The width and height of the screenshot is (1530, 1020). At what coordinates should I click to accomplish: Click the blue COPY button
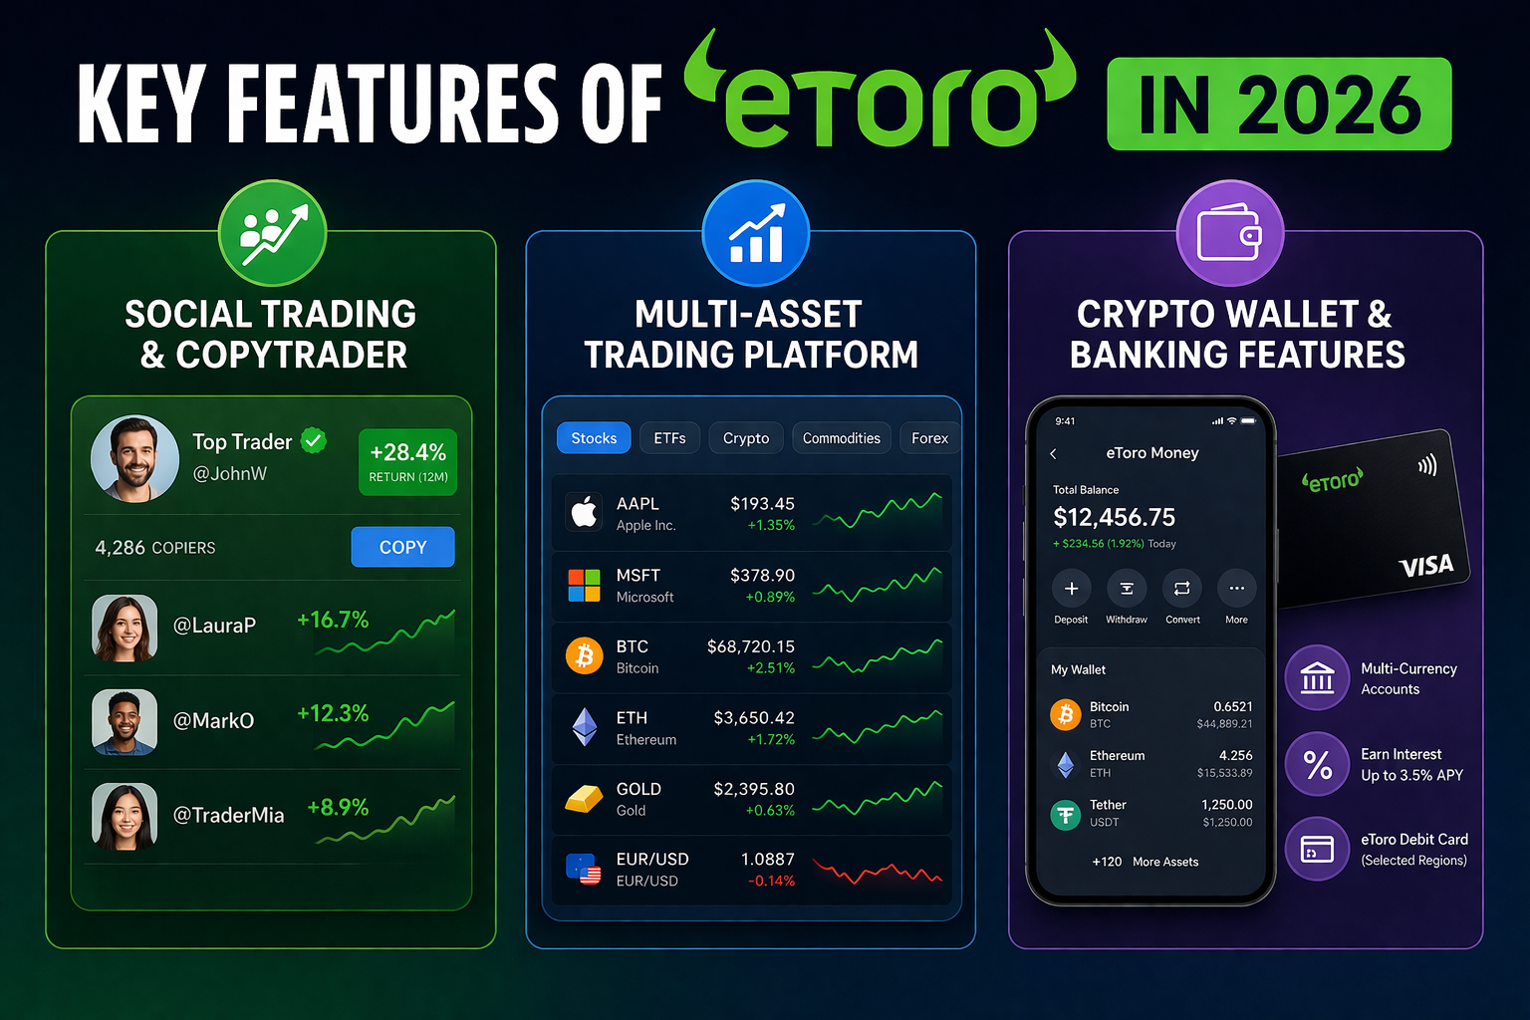402,547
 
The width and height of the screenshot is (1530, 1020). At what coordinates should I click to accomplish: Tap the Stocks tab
594,438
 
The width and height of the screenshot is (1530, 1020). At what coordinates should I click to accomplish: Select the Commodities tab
841,438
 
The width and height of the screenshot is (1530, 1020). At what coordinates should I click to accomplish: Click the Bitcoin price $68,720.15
751,646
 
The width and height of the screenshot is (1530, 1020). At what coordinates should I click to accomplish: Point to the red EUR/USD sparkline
877,872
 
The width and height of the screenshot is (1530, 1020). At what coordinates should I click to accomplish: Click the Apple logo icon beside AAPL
584,512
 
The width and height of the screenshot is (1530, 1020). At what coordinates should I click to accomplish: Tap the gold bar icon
584,798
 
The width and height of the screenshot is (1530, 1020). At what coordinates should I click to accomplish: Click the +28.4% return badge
407,462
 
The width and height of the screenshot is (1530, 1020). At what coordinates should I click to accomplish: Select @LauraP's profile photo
125,628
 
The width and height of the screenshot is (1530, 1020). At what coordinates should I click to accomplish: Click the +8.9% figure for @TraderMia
338,807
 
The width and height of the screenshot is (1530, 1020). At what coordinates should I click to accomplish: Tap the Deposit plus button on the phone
1071,589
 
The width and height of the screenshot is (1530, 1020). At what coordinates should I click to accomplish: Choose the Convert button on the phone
1181,589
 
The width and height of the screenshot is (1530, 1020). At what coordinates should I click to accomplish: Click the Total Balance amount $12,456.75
1114,517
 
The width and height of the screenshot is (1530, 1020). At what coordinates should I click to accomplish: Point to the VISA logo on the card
1426,566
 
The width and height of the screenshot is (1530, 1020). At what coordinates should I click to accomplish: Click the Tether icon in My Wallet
1065,815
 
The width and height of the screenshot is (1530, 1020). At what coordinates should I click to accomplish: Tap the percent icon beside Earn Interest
1318,764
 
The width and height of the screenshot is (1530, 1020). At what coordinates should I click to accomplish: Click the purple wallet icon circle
1229,233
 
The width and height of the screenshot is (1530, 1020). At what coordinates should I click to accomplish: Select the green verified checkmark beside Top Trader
314,440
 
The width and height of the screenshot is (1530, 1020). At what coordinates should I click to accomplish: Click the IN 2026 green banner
1279,104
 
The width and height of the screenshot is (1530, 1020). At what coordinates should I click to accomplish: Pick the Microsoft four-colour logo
584,586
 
